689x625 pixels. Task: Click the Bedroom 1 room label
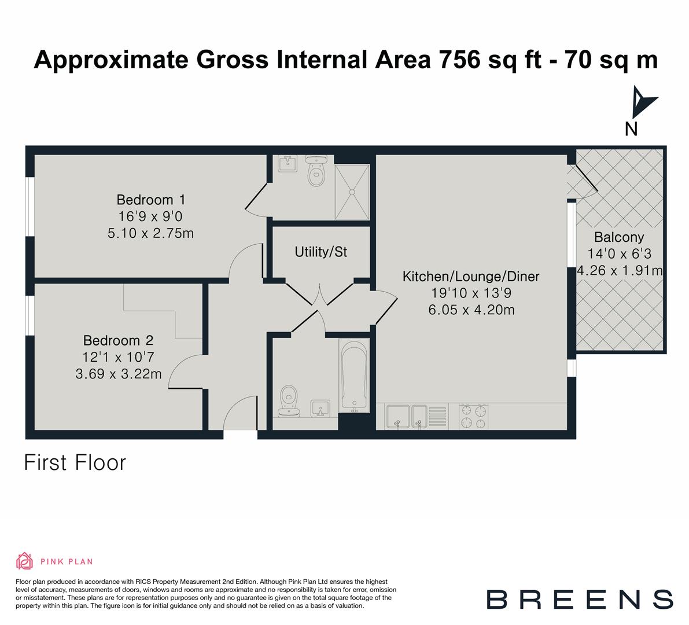pos(150,200)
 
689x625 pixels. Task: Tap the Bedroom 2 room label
pos(119,340)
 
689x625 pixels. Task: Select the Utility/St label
pos(320,252)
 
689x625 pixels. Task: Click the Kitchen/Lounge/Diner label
pos(471,277)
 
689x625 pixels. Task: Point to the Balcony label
pos(619,237)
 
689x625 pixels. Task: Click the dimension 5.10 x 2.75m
pos(150,233)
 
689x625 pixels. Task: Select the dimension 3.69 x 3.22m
pos(119,374)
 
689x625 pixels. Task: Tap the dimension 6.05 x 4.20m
pos(471,310)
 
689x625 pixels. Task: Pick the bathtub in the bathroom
pos(353,376)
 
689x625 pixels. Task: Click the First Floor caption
pos(75,463)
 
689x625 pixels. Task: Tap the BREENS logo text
pos(579,599)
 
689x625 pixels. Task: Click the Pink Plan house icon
pos(25,561)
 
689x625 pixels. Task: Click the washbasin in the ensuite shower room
pos(288,164)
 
